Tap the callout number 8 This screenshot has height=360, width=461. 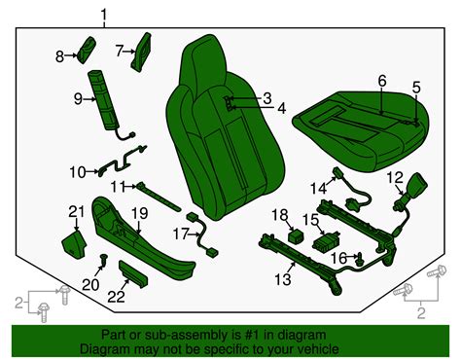(59, 57)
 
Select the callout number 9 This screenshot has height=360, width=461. (77, 98)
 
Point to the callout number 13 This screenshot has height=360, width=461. (282, 280)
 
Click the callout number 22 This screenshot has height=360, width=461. (117, 296)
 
